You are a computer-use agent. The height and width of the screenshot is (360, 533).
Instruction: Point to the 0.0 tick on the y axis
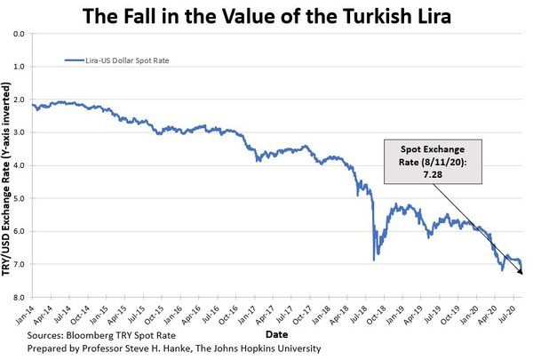point(20,34)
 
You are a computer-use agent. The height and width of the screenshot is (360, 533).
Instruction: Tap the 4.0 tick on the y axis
point(20,165)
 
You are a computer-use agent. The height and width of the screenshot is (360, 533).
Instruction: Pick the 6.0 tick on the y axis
point(20,231)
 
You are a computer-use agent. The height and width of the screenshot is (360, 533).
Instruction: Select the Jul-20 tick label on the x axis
point(506,315)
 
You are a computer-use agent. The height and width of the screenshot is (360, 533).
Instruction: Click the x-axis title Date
point(277,333)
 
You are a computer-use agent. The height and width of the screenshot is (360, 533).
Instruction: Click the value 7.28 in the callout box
point(432,175)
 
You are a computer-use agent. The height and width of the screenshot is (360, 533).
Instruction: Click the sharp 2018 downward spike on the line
point(374,258)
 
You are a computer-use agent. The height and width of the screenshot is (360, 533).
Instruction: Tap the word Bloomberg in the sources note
point(93,337)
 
